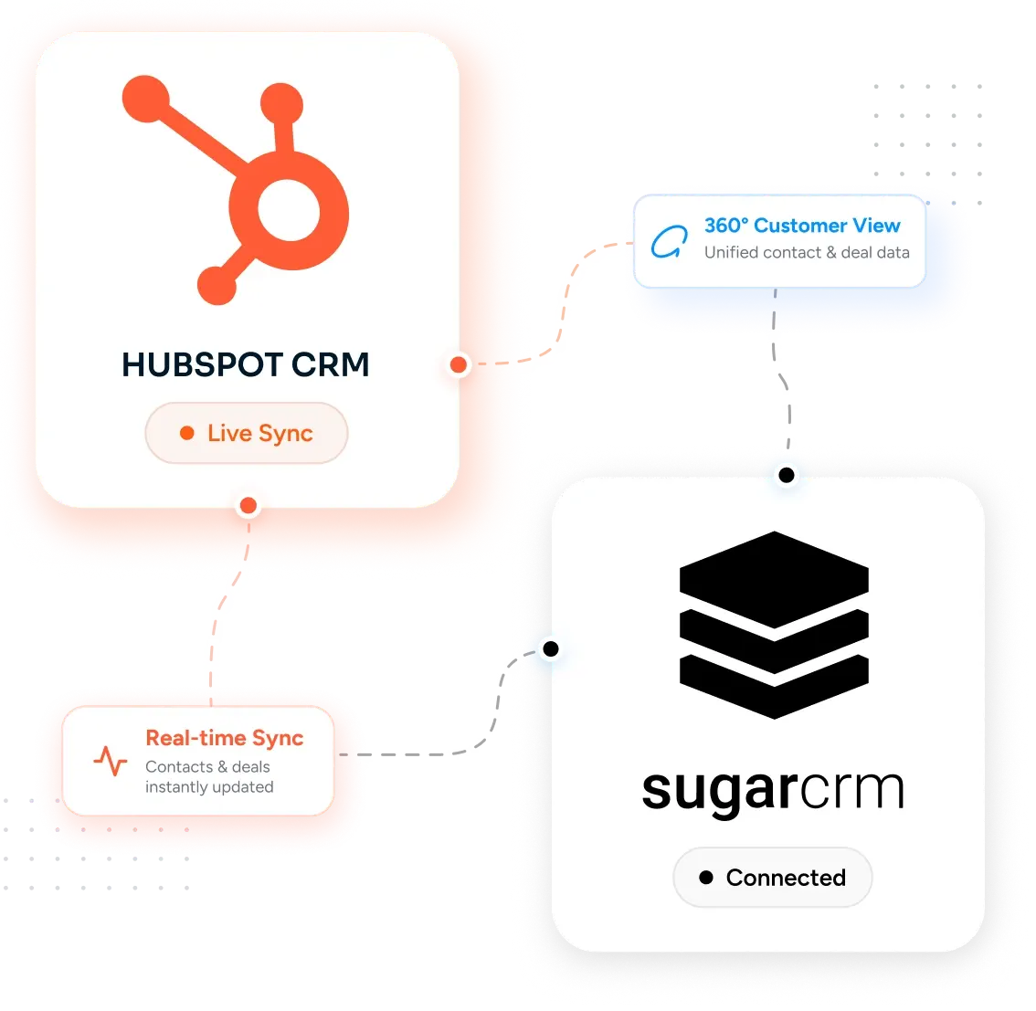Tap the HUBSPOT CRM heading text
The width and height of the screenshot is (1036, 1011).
pos(245,364)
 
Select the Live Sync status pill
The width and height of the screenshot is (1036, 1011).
pos(247,433)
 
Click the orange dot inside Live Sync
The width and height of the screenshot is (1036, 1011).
pos(187,433)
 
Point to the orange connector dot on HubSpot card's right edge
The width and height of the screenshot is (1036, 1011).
pos(459,364)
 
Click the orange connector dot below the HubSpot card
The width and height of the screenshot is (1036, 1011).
pos(248,506)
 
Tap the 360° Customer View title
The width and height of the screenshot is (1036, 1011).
pos(802,226)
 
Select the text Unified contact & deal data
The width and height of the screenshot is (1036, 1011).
pos(807,252)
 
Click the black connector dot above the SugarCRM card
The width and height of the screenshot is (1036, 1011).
pos(787,475)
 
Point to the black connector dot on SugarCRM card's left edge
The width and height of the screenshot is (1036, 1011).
pos(551,649)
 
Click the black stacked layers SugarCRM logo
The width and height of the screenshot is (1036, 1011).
pos(774,625)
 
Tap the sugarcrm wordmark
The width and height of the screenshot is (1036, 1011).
pos(773,790)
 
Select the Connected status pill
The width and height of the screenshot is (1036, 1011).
pos(772,878)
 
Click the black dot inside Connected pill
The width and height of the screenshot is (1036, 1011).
pos(706,878)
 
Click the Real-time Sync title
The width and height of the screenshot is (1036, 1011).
pos(225,738)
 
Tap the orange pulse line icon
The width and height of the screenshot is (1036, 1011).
pos(111,761)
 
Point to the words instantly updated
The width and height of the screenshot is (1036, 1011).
pos(209,787)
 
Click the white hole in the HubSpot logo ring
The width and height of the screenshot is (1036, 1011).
pos(289,210)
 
